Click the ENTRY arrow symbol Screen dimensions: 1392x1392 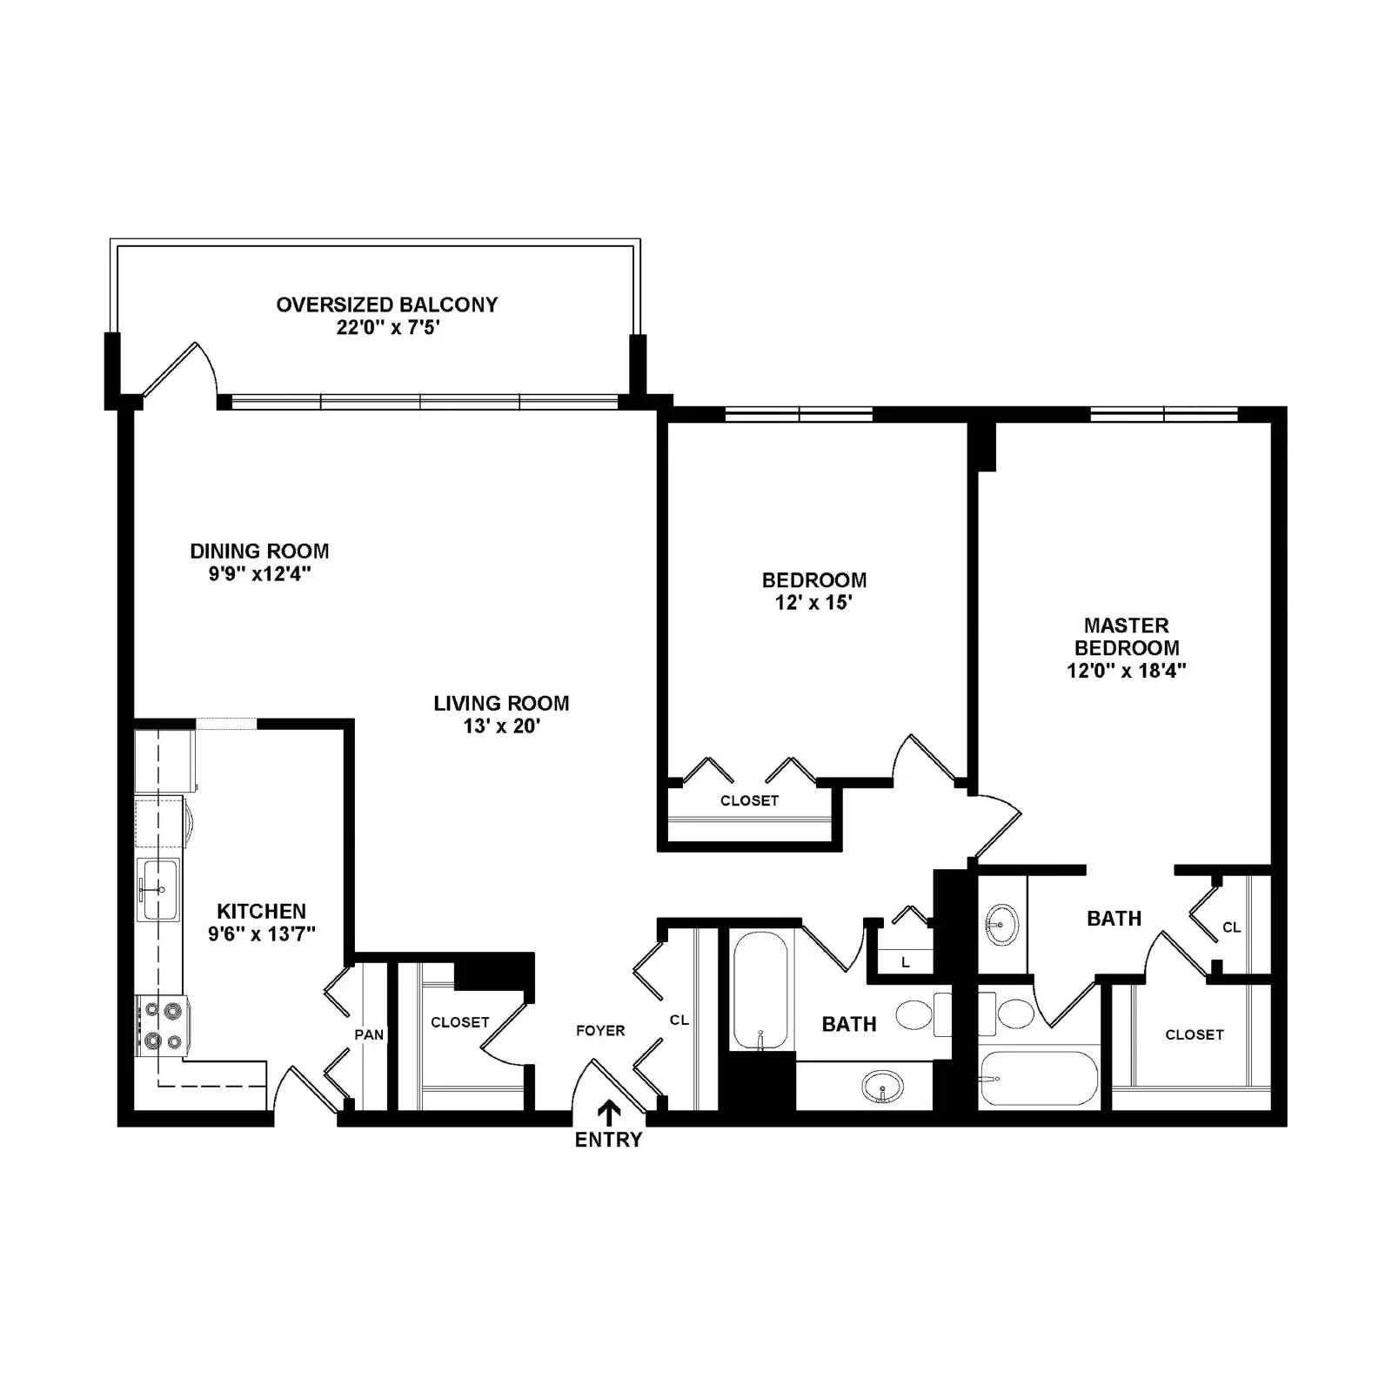[609, 1112]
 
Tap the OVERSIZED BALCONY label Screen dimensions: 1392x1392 [387, 304]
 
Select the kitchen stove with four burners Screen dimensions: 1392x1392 [163, 1026]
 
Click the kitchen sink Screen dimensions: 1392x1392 [158, 889]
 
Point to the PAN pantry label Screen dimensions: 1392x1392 [369, 1034]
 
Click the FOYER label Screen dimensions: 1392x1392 [600, 1031]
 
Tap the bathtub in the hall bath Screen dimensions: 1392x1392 [760, 989]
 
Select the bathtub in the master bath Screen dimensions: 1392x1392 [1038, 1079]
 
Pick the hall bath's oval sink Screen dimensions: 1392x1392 [882, 1087]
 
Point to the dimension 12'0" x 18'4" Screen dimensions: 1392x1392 [1127, 671]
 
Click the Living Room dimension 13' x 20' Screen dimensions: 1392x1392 [502, 726]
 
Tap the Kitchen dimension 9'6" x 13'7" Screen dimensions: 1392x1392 [261, 934]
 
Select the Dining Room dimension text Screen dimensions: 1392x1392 [259, 574]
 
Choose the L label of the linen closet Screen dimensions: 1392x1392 [906, 962]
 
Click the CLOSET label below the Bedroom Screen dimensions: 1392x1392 [749, 800]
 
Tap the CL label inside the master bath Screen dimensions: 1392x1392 [1231, 927]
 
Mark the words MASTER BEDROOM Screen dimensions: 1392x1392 [1127, 637]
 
